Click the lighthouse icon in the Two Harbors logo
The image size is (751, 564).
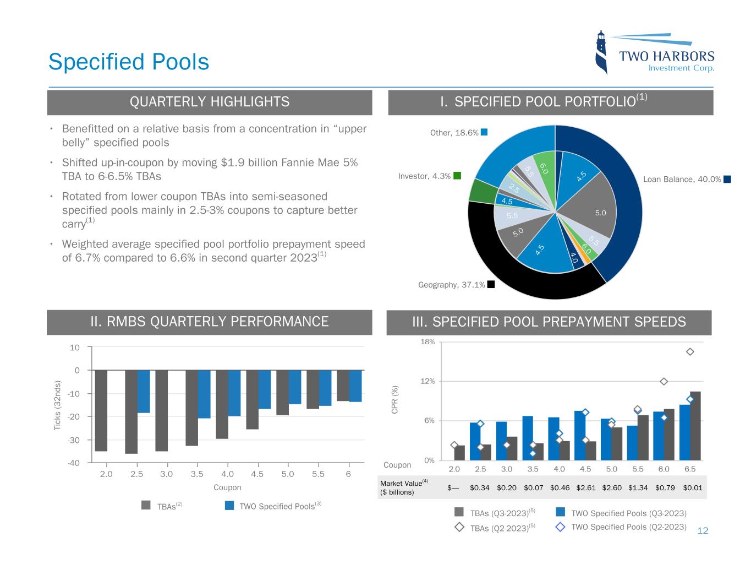click(x=602, y=52)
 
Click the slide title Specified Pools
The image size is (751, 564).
click(x=129, y=62)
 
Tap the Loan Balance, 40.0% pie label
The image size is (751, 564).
click(x=682, y=179)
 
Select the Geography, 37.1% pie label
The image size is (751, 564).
click(x=452, y=285)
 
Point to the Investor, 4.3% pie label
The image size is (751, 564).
click(x=424, y=176)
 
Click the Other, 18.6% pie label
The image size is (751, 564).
click(x=454, y=133)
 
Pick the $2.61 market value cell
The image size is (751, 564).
click(x=586, y=487)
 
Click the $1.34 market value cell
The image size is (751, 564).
click(x=638, y=487)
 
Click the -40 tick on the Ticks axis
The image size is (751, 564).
click(x=74, y=463)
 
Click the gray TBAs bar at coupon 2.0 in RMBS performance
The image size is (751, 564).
click(x=101, y=410)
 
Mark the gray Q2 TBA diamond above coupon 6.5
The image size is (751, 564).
click(x=690, y=352)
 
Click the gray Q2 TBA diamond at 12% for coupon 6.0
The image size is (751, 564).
click(x=664, y=382)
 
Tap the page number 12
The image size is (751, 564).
click(x=703, y=531)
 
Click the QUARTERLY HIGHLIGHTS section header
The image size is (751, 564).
click(x=209, y=102)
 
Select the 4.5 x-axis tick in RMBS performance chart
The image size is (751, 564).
click(x=257, y=474)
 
